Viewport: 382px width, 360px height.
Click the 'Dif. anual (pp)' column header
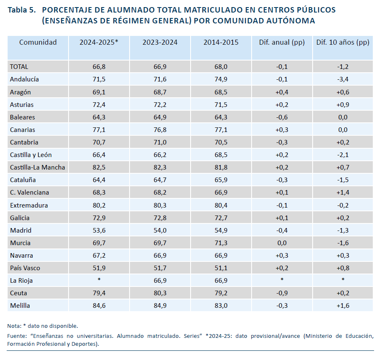(x=282, y=43)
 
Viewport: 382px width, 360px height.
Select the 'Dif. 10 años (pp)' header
(x=343, y=43)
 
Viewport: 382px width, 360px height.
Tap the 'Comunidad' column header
(x=38, y=42)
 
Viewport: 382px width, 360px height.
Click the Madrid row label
(x=21, y=230)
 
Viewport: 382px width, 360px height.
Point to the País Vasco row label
(x=25, y=268)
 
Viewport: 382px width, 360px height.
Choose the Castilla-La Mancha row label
(x=38, y=167)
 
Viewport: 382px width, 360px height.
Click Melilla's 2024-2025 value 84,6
(x=99, y=306)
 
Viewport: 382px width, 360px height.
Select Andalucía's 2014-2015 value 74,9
(x=221, y=79)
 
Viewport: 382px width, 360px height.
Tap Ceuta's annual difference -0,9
(x=282, y=293)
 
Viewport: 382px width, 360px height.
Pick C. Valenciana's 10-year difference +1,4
(x=343, y=193)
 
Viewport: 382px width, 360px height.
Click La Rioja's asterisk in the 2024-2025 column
(x=99, y=279)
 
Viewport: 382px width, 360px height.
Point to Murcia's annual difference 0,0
(x=282, y=243)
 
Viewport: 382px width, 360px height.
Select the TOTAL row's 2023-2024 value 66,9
(x=160, y=67)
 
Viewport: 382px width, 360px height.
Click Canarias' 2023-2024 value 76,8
(x=160, y=130)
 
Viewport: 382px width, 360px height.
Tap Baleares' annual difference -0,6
(x=282, y=117)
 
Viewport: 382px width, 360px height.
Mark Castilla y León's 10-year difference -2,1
(x=343, y=155)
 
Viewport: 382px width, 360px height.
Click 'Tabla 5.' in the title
(x=22, y=10)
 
